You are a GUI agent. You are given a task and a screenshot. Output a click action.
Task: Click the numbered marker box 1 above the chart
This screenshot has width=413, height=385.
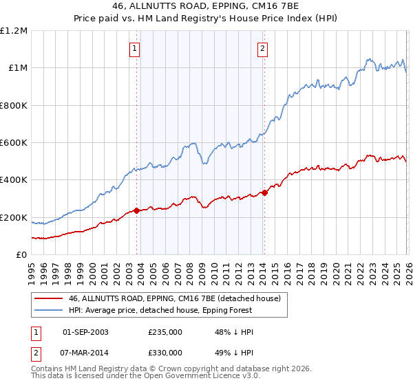(134, 48)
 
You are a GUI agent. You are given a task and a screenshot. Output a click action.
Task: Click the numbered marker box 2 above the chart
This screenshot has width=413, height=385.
(262, 48)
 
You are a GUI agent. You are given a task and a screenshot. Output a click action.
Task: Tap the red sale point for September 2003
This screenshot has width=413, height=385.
(136, 210)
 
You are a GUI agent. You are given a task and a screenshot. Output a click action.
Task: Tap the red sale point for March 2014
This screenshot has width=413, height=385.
(264, 192)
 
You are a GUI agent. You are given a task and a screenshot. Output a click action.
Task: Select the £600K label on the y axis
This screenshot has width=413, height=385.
(14, 143)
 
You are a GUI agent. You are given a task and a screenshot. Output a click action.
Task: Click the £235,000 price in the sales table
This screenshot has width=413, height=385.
(165, 332)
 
